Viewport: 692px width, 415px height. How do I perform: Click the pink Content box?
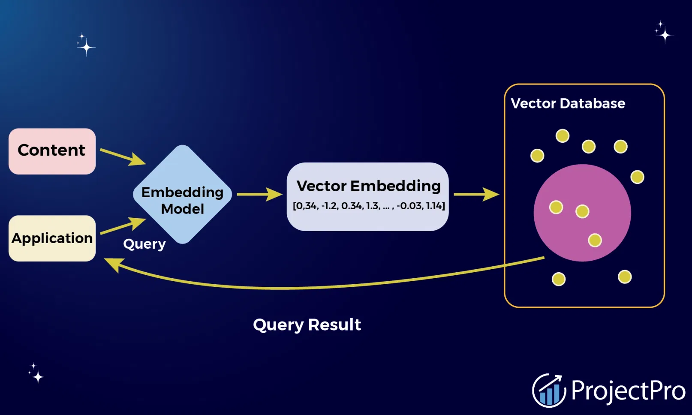(52, 151)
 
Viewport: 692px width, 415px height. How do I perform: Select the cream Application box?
(52, 238)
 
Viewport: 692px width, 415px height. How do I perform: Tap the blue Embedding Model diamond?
(183, 195)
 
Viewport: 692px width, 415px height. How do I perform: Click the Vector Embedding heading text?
(368, 186)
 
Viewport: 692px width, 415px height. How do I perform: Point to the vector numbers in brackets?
(368, 206)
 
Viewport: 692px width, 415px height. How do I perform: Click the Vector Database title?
(568, 104)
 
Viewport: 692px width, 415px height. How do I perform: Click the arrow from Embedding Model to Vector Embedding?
(259, 194)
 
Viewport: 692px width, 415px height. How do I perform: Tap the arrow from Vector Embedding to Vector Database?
(476, 194)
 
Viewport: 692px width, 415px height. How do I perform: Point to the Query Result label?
(307, 325)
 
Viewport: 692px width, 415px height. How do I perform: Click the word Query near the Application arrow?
(144, 244)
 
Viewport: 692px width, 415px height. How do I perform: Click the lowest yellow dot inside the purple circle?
(595, 240)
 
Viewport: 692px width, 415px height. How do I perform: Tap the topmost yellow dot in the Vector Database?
(562, 136)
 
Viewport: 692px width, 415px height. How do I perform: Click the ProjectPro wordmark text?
(628, 391)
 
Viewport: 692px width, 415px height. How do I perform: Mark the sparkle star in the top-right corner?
(664, 33)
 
